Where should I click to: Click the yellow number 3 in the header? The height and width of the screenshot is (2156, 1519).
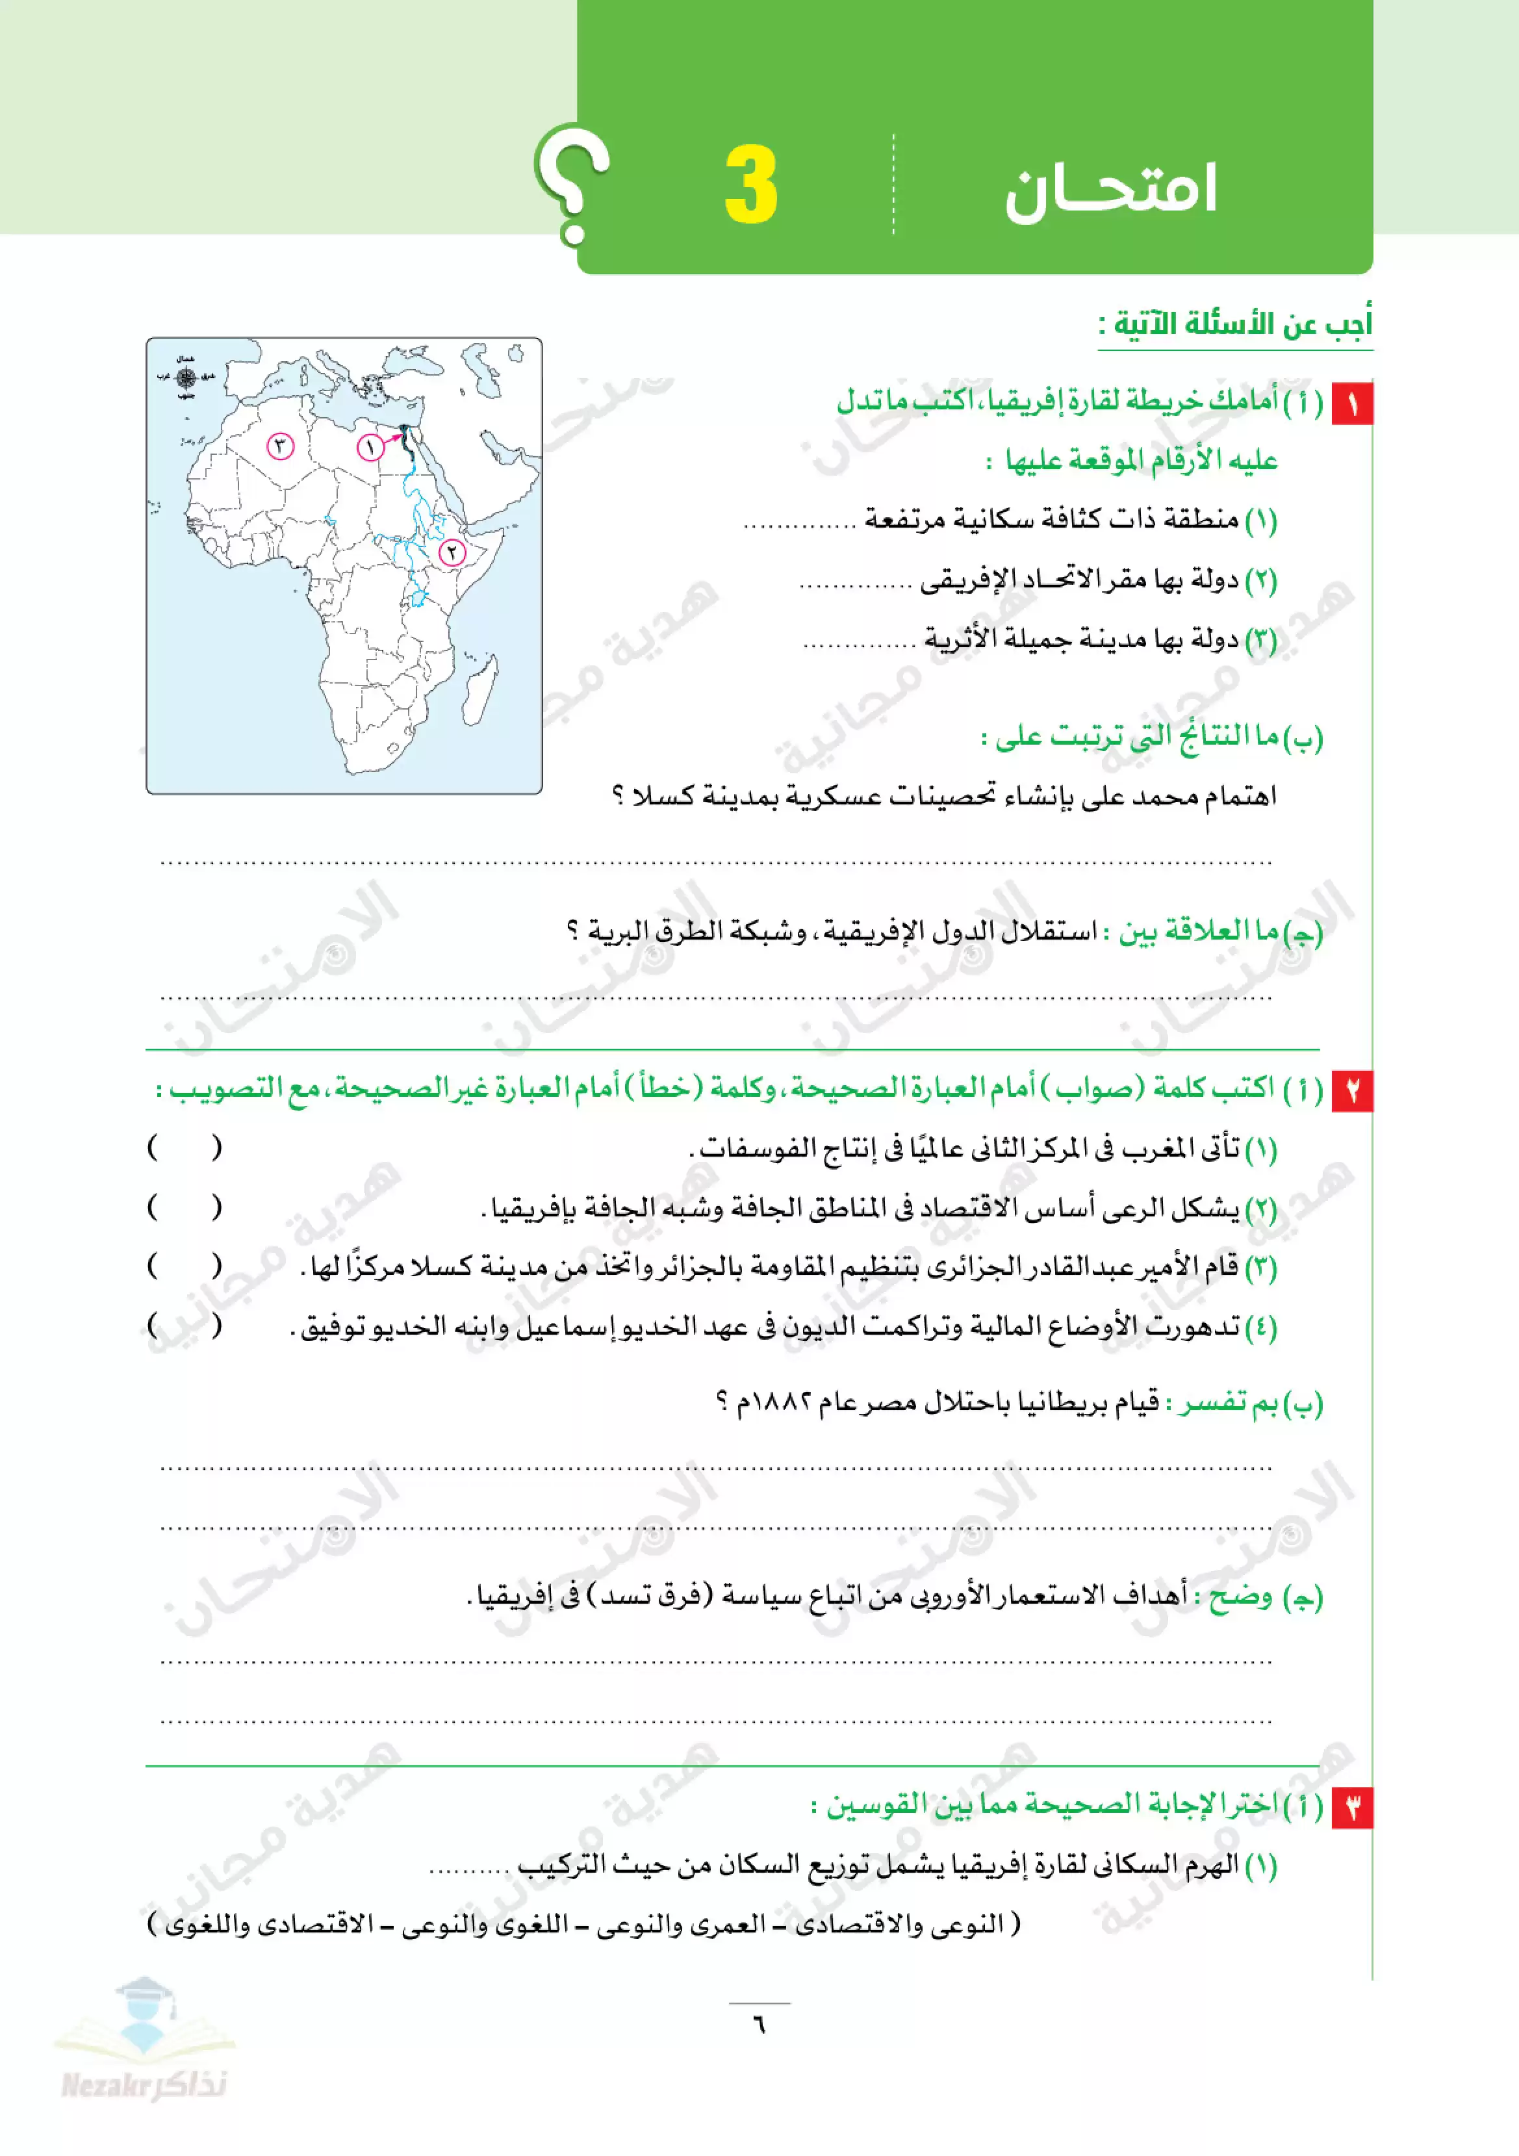(x=751, y=185)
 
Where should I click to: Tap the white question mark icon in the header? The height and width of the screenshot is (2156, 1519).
(x=572, y=183)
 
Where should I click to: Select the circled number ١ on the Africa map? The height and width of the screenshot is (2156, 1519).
(x=371, y=447)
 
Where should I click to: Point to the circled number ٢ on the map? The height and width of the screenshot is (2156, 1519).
(x=452, y=552)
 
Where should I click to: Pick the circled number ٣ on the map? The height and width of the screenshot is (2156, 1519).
(x=280, y=446)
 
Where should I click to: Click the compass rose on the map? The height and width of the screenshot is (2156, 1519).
(x=186, y=378)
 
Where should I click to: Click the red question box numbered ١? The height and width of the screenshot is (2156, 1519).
(x=1352, y=404)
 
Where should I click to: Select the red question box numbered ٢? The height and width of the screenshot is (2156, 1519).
(x=1352, y=1090)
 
